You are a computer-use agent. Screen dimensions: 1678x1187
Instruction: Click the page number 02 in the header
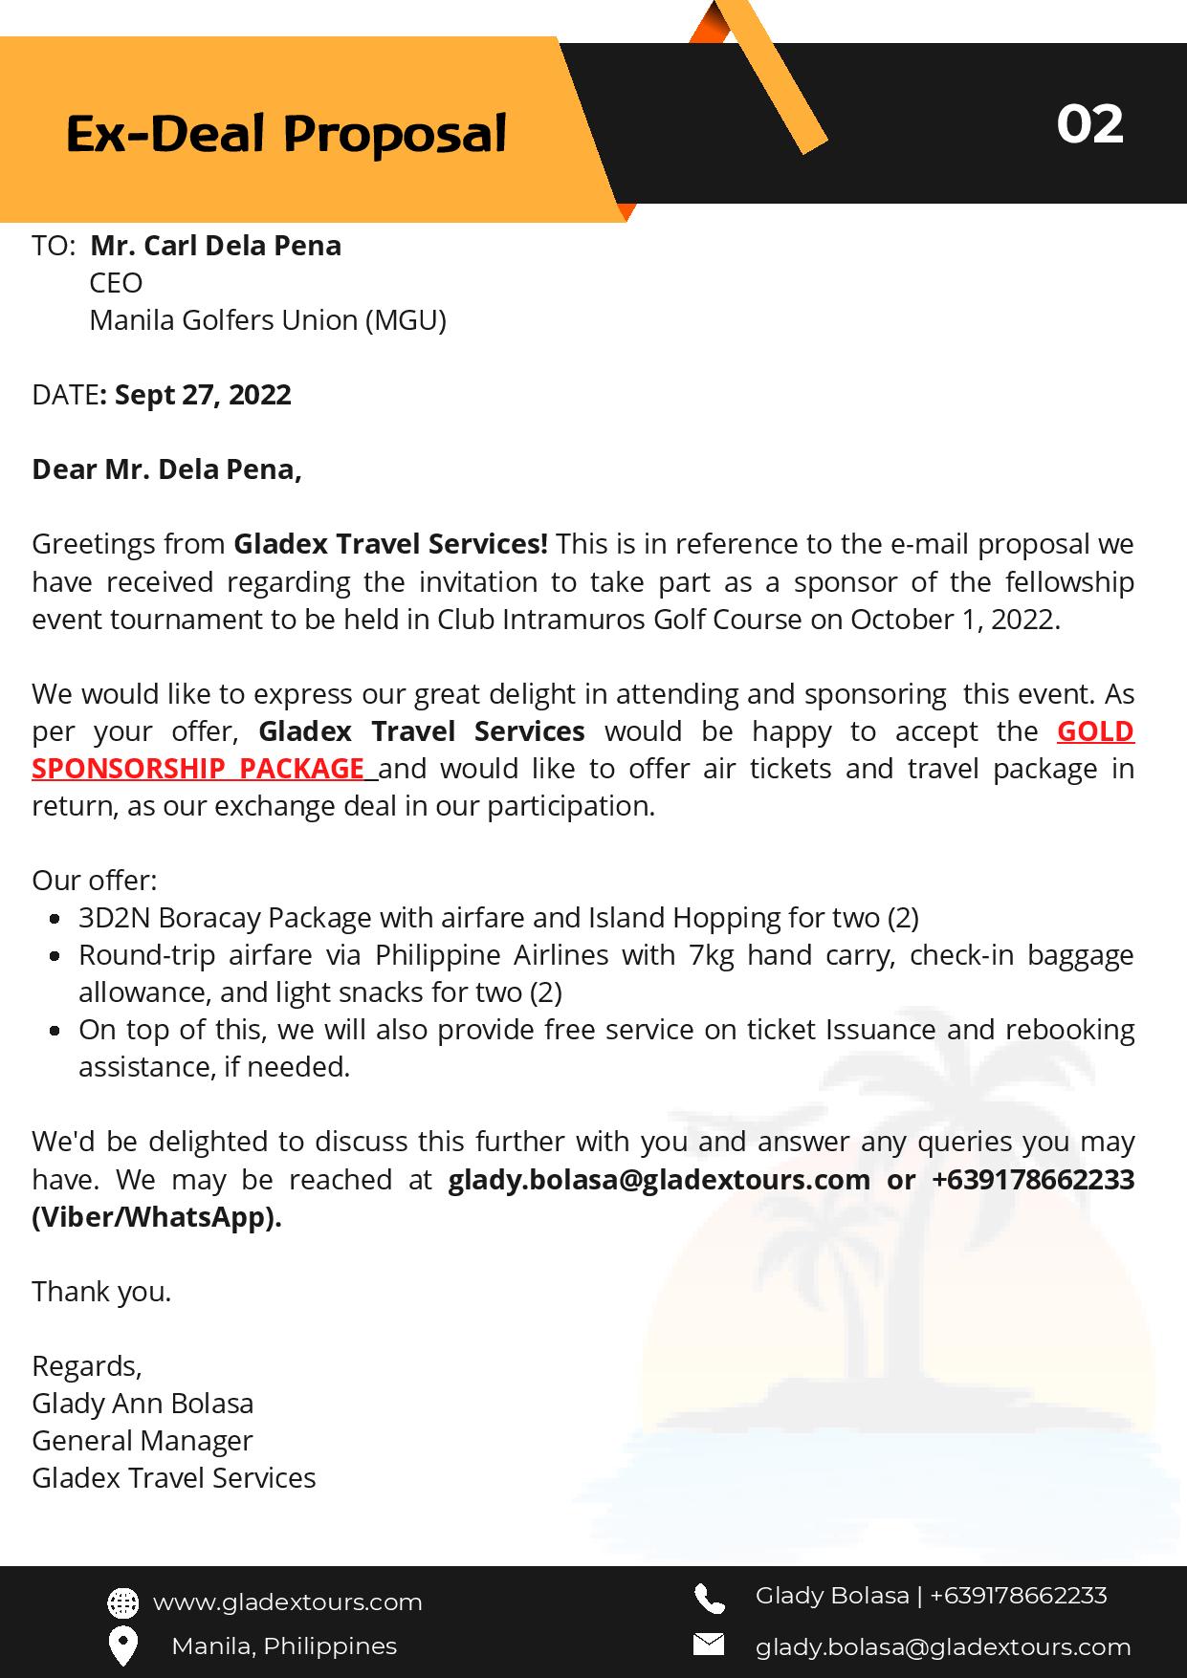(x=1089, y=124)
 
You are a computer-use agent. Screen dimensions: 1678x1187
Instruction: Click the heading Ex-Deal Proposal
(x=286, y=133)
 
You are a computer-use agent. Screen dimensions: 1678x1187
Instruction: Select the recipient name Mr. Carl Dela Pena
(x=215, y=246)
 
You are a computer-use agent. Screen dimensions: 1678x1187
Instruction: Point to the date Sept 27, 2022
(x=202, y=395)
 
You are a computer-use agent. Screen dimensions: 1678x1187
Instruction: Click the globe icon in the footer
(x=122, y=1602)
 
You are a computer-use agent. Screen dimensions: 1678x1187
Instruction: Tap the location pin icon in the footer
(x=122, y=1645)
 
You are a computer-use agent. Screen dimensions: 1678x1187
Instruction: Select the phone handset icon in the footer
(x=709, y=1598)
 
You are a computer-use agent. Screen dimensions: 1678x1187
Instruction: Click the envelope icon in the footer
(x=708, y=1645)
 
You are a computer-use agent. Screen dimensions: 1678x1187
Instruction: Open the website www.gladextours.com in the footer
(x=287, y=1602)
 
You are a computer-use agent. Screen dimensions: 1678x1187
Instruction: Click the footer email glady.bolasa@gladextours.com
(x=942, y=1647)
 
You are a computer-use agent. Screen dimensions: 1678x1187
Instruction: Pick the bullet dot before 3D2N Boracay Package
(x=56, y=919)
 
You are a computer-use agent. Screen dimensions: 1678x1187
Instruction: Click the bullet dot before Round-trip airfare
(x=56, y=956)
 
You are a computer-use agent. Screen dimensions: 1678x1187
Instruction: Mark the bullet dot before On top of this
(x=56, y=1031)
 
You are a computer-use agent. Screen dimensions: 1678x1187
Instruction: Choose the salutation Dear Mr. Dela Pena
(x=166, y=469)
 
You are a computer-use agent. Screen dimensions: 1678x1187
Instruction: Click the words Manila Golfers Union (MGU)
(x=268, y=320)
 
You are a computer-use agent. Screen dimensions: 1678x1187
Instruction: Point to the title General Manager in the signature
(x=143, y=1441)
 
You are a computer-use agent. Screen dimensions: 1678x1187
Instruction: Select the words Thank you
(x=101, y=1292)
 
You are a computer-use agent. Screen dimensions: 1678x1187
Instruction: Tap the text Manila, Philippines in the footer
(x=284, y=1646)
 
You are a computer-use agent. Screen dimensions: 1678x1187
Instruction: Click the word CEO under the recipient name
(x=116, y=283)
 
